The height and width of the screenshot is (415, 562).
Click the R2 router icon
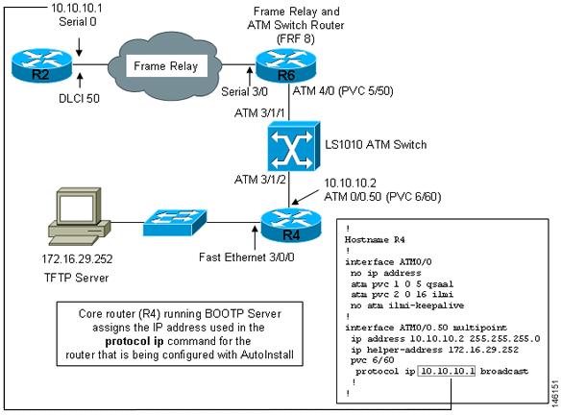(41, 65)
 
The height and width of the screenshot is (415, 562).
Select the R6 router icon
(285, 65)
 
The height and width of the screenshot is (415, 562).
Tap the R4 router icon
(291, 226)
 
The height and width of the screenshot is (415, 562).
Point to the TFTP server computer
(79, 218)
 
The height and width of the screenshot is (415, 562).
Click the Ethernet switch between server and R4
(175, 222)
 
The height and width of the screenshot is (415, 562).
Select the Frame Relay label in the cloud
(165, 66)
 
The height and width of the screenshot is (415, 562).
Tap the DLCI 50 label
(79, 99)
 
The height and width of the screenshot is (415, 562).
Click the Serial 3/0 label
(244, 92)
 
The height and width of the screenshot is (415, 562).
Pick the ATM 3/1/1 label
(259, 113)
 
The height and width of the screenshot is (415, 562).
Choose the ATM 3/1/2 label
(259, 180)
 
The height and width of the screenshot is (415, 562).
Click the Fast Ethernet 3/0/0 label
(247, 257)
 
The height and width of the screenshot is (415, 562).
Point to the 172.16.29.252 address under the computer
(77, 258)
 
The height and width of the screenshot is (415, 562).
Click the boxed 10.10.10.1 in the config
(447, 371)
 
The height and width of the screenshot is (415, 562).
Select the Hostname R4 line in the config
(375, 240)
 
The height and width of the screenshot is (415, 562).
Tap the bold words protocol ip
(134, 341)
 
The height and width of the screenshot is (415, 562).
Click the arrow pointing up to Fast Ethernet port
(255, 237)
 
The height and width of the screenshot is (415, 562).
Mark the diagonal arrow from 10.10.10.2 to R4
(305, 196)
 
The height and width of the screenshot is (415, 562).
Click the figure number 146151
(555, 392)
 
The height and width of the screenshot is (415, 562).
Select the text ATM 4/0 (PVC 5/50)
(343, 91)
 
